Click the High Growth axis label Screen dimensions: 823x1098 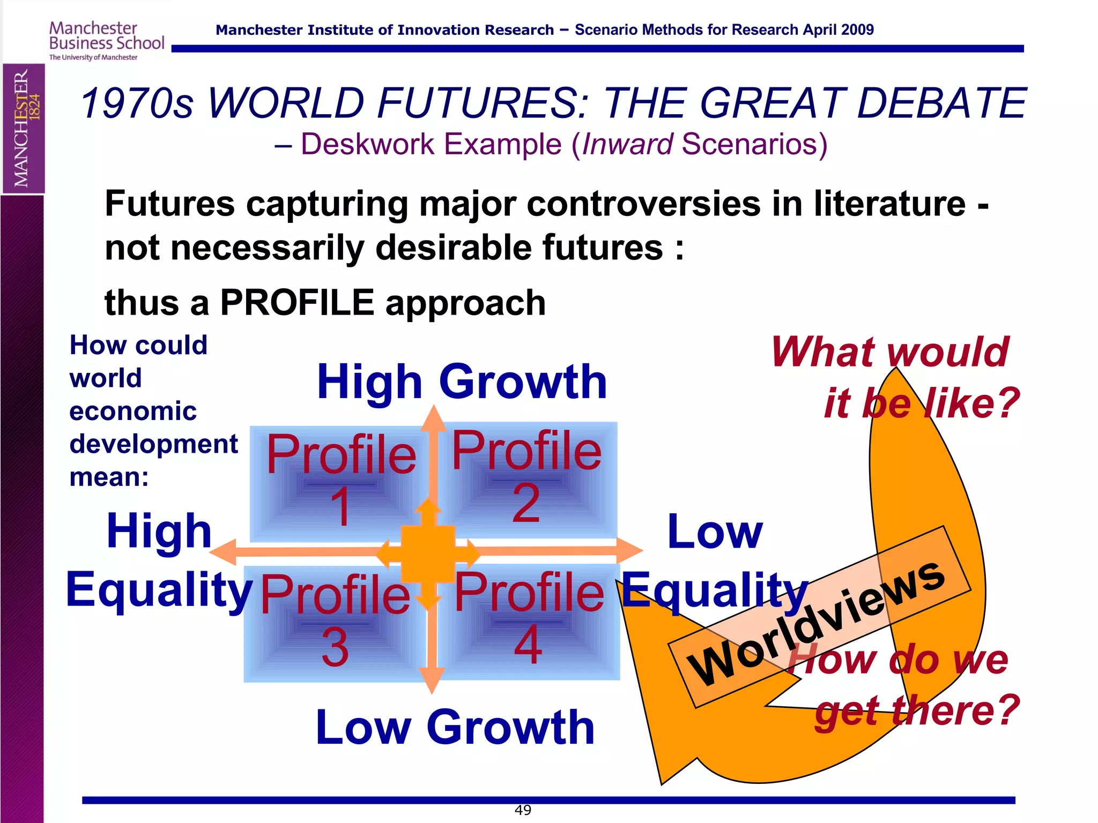click(462, 381)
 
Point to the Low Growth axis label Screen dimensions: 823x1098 click(455, 727)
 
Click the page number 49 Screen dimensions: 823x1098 click(523, 810)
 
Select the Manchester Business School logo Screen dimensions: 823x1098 click(106, 41)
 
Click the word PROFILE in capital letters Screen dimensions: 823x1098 click(297, 303)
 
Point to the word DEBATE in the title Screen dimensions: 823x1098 click(941, 103)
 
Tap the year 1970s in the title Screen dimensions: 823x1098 click(137, 103)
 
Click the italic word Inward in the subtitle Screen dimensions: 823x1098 click(627, 144)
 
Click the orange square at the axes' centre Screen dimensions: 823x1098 click(428, 553)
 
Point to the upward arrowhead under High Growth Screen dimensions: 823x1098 click(433, 418)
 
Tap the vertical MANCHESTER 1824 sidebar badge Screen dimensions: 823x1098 click(24, 128)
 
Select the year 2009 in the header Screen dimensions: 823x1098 click(856, 30)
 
